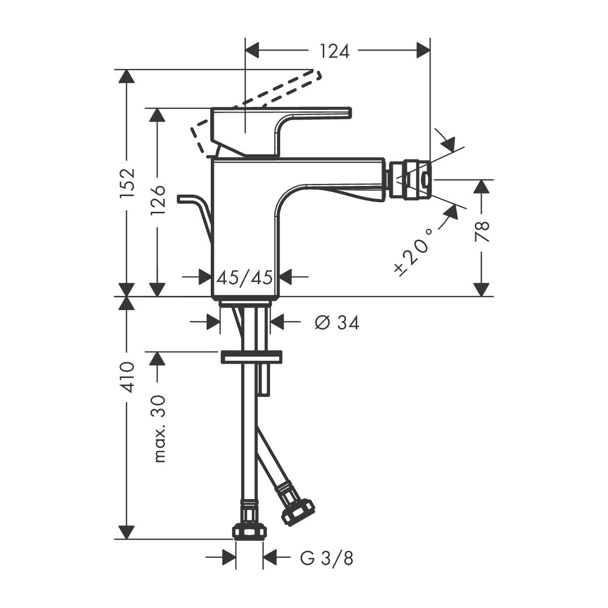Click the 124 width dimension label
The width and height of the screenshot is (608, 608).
tap(334, 51)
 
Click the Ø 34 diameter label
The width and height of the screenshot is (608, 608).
tap(336, 322)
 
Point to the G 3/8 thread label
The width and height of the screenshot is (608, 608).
tap(326, 558)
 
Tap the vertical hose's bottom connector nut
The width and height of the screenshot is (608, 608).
tap(249, 531)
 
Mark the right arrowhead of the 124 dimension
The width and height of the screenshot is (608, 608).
tap(424, 51)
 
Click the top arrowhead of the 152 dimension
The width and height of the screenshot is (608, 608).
tap(127, 77)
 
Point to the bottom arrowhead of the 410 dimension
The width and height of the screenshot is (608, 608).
tap(127, 532)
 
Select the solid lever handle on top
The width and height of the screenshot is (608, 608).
tap(304, 113)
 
